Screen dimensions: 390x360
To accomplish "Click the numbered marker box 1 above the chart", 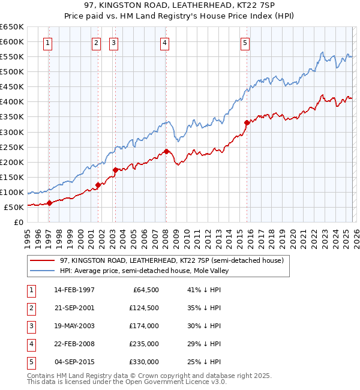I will pos(47,43).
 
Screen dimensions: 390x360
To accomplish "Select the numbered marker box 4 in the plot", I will pos(164,43).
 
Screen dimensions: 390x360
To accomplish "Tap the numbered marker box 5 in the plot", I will pos(245,43).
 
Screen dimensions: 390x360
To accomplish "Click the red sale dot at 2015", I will pos(247,122).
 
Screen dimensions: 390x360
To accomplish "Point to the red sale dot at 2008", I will pos(166,151).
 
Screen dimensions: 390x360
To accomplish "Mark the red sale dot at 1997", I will pos(50,203).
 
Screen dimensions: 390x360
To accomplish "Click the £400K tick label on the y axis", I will pos(11,101).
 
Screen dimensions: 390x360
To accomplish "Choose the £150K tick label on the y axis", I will pos(11,177).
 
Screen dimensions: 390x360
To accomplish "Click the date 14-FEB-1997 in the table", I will pos(74,290).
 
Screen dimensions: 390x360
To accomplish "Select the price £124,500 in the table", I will pos(143,308).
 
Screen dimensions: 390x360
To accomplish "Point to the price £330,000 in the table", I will pos(143,362).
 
